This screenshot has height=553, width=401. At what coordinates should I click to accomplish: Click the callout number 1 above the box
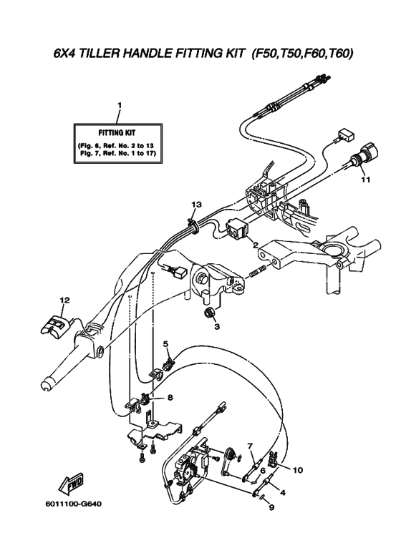click(x=120, y=104)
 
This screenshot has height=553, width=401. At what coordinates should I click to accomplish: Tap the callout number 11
click(x=366, y=180)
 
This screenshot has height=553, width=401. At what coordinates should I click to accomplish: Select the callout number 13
click(x=197, y=204)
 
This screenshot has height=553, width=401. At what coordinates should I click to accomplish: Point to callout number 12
click(x=64, y=300)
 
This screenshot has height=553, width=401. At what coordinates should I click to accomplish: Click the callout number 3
click(x=217, y=327)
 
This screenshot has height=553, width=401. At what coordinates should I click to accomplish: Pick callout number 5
click(x=165, y=343)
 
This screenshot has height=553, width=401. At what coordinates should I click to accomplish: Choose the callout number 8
click(x=170, y=398)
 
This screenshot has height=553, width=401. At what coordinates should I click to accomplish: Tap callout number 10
click(x=298, y=470)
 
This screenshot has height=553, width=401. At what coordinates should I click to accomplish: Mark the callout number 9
click(x=271, y=508)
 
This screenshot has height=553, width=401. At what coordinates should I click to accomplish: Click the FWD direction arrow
click(x=72, y=482)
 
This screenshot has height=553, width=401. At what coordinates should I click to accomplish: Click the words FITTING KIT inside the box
click(x=117, y=132)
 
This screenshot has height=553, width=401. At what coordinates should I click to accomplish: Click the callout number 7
click(x=250, y=447)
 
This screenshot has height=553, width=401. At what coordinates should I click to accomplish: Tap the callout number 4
click(x=282, y=493)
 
